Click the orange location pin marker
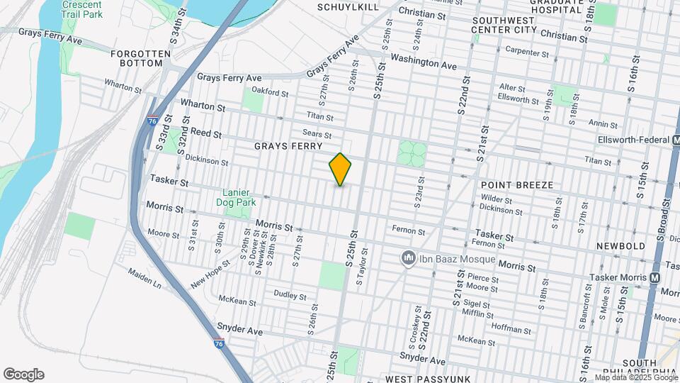341,170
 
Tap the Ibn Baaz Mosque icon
408,257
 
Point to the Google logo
23,374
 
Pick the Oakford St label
271,92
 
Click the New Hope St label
210,274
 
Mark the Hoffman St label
511,330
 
